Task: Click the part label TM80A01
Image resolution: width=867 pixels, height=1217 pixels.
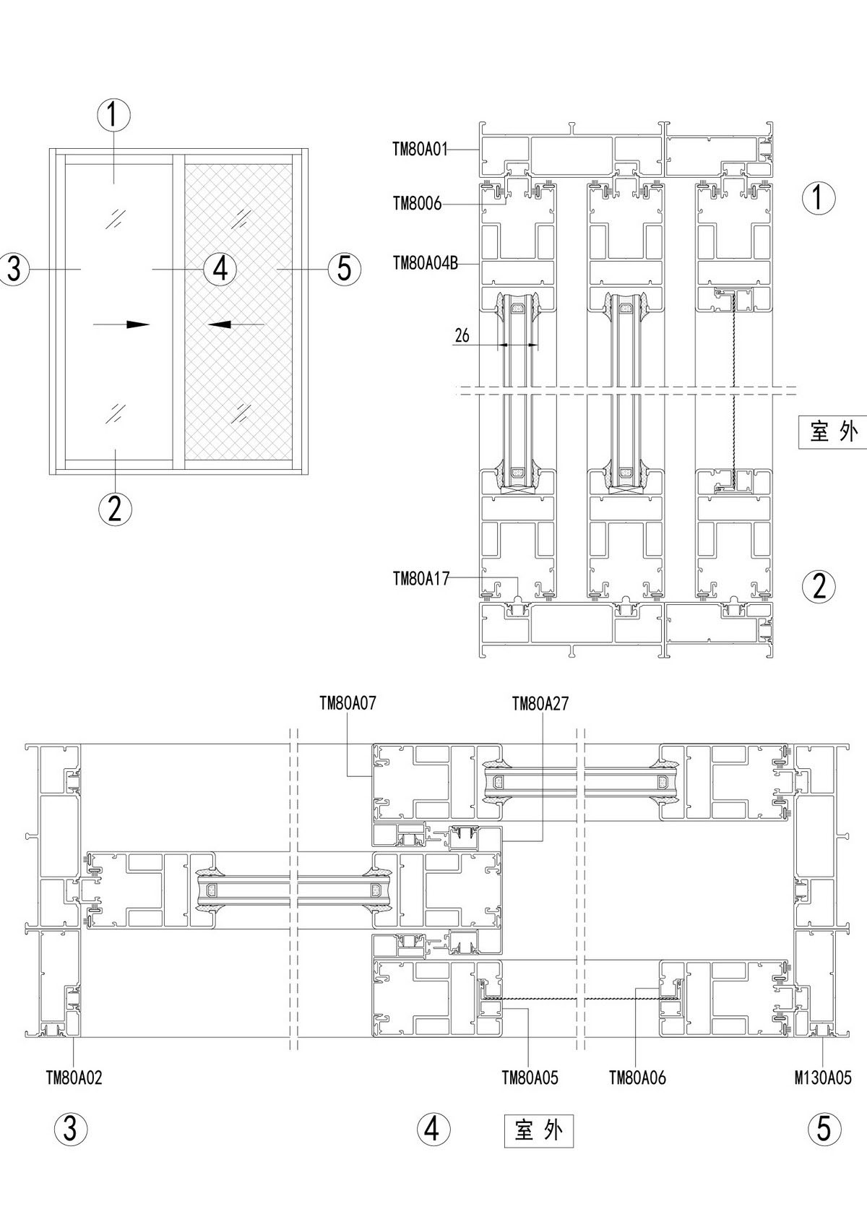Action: (x=420, y=150)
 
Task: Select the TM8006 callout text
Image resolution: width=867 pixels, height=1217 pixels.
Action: (x=417, y=205)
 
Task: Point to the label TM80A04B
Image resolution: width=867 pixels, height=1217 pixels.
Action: (x=426, y=264)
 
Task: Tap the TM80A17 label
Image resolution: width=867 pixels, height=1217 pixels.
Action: (x=421, y=579)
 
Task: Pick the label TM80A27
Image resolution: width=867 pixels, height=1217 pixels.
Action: (x=540, y=704)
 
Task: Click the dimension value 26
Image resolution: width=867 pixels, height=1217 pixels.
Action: (x=462, y=335)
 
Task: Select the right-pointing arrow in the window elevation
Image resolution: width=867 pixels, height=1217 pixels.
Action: (x=121, y=324)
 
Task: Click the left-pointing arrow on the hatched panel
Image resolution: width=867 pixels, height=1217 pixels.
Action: (x=236, y=324)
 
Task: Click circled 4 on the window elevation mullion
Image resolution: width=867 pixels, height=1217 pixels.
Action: (x=220, y=269)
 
